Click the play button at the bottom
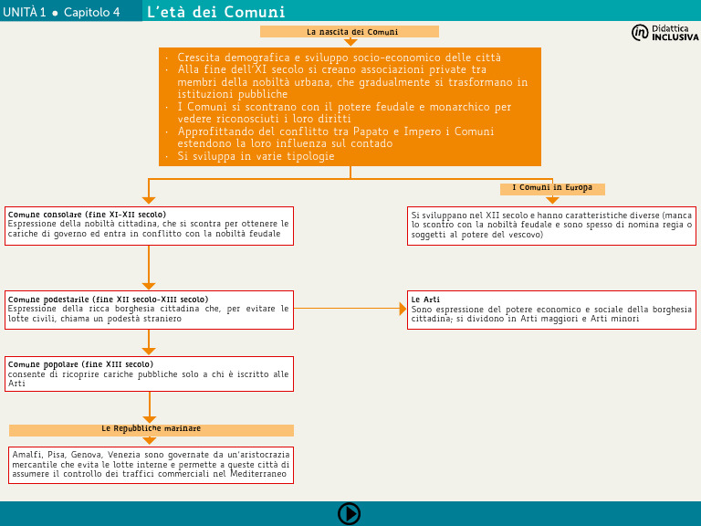click(350, 513)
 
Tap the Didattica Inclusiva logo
click(664, 33)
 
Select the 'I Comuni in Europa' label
click(552, 188)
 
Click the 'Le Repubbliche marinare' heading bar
click(151, 428)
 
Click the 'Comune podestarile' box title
click(108, 299)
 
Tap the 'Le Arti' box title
click(425, 299)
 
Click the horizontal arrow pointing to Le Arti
click(402, 309)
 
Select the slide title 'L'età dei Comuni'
click(216, 12)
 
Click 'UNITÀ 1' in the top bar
click(24, 12)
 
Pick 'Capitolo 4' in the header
click(91, 12)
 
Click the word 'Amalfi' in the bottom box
click(27, 454)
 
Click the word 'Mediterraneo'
click(258, 474)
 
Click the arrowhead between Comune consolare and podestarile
click(149, 286)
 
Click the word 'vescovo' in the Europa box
click(525, 235)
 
